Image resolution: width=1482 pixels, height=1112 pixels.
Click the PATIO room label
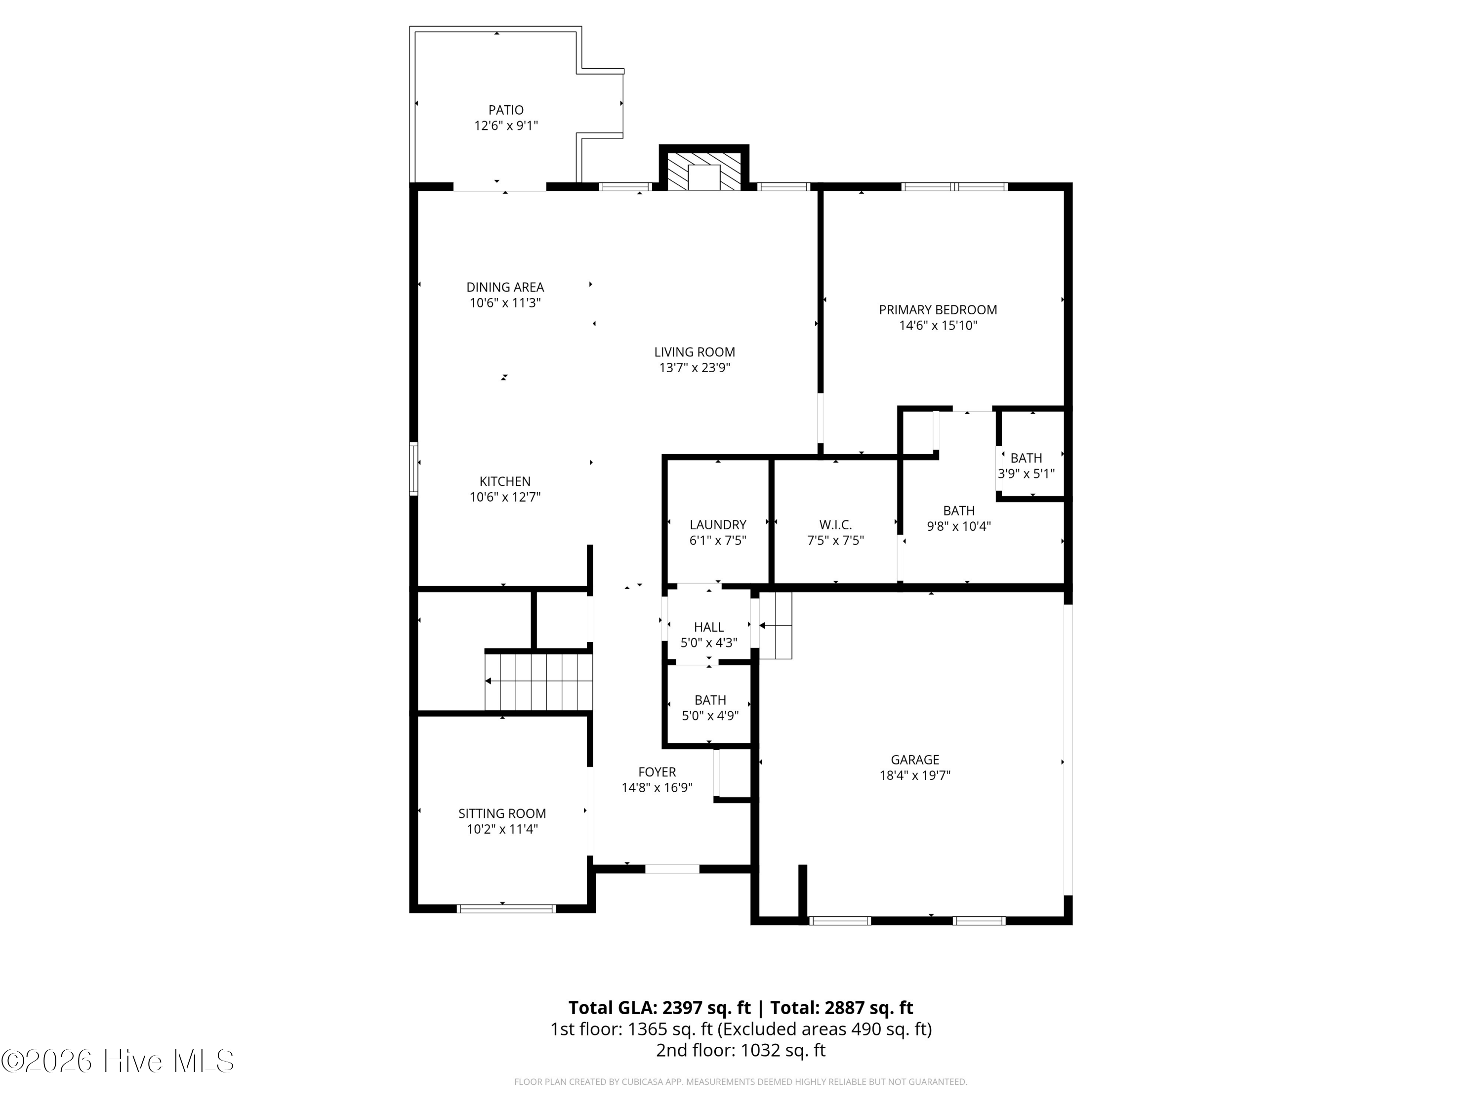pos(506,110)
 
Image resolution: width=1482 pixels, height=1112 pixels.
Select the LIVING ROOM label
pos(695,352)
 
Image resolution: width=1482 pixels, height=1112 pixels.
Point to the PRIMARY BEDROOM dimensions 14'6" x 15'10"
pos(938,326)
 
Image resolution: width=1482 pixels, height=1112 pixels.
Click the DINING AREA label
pos(505,287)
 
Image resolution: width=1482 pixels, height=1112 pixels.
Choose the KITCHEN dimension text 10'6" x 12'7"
pos(505,497)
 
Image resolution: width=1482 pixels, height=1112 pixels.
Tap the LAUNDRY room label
pos(718,525)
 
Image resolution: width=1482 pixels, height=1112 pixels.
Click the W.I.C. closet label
pos(835,525)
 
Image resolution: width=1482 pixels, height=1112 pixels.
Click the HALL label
pos(708,627)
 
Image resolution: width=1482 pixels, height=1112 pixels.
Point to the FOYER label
pos(657,772)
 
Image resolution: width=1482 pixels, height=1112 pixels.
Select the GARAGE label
pos(915,760)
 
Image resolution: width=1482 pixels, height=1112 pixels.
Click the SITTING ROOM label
pos(502,813)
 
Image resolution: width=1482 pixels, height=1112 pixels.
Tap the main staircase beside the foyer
pos(538,682)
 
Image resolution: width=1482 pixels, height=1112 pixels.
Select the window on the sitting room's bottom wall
pos(506,908)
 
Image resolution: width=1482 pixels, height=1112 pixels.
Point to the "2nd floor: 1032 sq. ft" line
pos(741,1050)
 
